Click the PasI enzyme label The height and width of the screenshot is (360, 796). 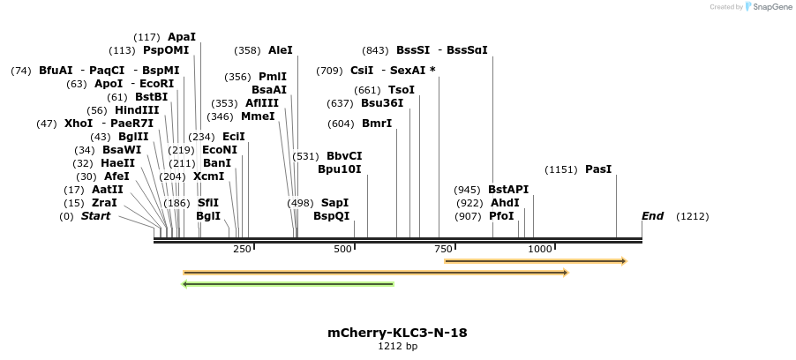597,169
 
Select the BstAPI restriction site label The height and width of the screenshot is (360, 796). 508,190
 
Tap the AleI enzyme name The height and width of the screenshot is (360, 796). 280,50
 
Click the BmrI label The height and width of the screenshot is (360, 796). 377,124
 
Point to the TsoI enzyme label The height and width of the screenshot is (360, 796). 402,90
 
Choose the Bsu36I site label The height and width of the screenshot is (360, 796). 382,103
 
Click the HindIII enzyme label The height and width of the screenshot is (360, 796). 137,110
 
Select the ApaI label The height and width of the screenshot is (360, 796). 181,37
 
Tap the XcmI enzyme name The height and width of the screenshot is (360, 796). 209,176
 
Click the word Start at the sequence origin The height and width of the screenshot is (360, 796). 95,216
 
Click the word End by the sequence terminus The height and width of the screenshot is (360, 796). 652,216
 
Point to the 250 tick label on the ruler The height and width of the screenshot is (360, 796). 242,250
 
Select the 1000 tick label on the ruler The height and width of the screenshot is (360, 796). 539,250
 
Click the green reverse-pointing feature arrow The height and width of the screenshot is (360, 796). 288,284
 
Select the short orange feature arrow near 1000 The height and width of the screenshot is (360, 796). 536,261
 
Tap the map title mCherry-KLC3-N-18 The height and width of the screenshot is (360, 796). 397,333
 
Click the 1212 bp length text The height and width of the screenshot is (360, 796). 397,347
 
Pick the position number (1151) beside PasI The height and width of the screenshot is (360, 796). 561,169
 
